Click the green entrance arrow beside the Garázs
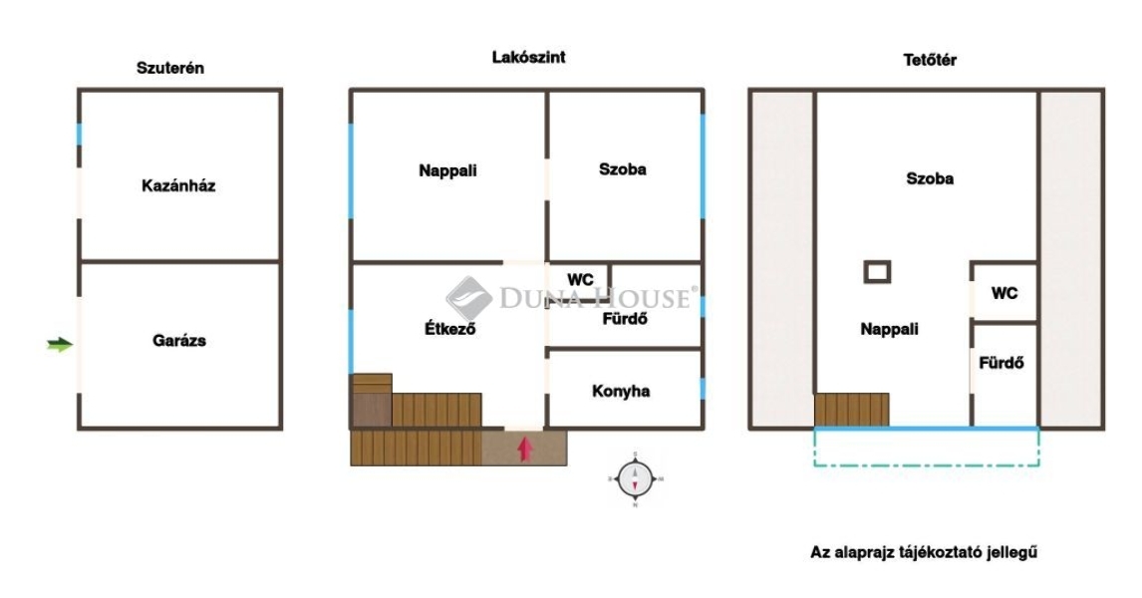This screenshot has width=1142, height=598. point(60,345)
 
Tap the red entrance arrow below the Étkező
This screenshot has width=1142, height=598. point(524,448)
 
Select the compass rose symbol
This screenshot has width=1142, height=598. point(635,479)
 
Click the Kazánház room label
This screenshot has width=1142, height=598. point(178,185)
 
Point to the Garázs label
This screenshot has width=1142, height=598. point(179,340)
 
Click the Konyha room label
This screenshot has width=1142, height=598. point(621,391)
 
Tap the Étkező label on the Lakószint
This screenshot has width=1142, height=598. point(450,329)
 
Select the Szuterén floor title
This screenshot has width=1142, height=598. point(170,68)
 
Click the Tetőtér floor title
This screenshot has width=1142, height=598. point(930,61)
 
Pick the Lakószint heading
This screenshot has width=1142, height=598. point(529,57)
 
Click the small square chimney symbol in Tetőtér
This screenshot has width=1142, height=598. point(877,272)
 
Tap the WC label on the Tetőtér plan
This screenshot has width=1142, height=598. point(1004,293)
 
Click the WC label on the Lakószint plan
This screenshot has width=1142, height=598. point(581,280)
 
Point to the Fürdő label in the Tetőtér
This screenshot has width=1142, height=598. point(1001,362)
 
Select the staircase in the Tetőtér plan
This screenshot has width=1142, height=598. point(851,410)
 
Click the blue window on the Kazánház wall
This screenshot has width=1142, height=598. point(80,134)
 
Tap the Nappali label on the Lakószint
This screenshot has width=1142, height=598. point(447,170)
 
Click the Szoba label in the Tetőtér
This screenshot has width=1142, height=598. point(930,178)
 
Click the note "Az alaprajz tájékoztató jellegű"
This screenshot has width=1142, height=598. point(924,552)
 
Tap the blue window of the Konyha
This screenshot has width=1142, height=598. point(703,389)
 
